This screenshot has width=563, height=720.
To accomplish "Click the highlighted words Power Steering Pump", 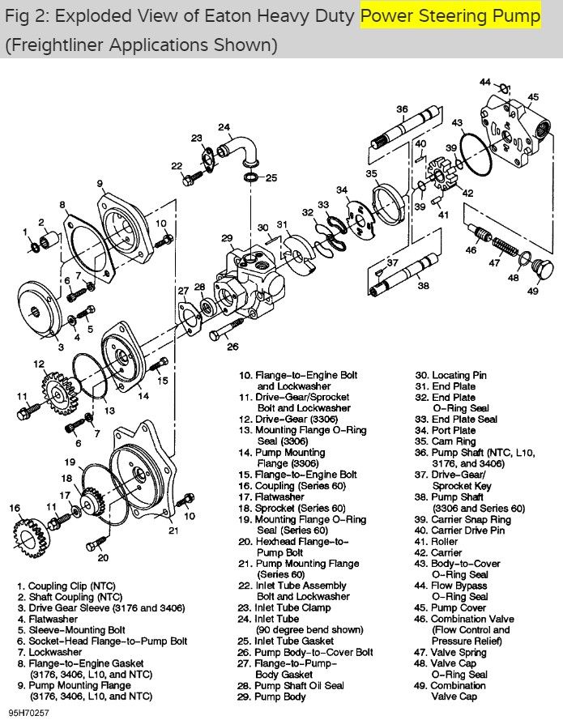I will (x=450, y=15).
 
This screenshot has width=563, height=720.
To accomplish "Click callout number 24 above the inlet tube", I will (x=224, y=127).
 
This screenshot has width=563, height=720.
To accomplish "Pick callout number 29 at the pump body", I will (x=227, y=238).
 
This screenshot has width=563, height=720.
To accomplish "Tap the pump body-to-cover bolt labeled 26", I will (x=224, y=332).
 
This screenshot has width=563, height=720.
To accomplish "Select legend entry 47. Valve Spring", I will (x=463, y=651).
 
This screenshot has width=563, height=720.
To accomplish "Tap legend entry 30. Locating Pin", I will (x=459, y=375).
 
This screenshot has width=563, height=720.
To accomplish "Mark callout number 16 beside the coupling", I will (x=14, y=508).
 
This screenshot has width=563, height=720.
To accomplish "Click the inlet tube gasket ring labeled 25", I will (x=251, y=177).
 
